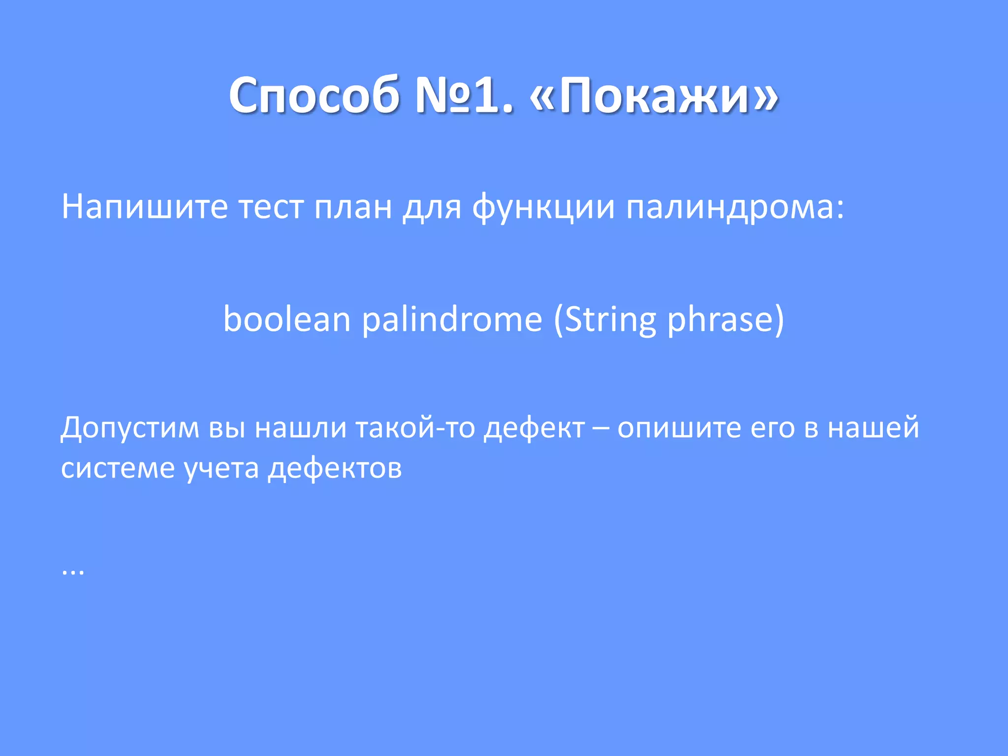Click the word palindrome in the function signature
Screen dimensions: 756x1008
[x=452, y=320]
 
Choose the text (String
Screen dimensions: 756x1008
[x=604, y=320]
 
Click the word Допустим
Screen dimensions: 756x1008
[x=129, y=427]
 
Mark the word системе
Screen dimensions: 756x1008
[x=118, y=468]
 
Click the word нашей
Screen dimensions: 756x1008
[x=873, y=427]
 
